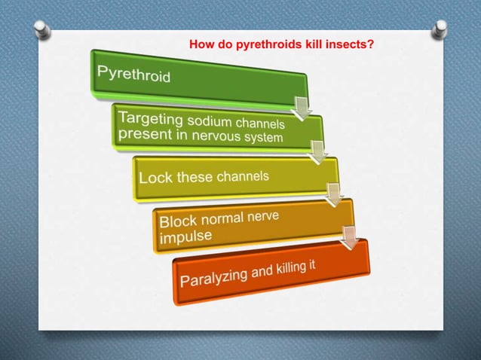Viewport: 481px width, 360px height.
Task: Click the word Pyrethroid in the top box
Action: [x=134, y=75]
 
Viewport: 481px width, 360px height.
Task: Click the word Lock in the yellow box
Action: [x=156, y=178]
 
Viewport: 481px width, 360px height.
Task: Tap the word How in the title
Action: [x=201, y=45]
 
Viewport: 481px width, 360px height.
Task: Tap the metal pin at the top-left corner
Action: [x=41, y=31]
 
